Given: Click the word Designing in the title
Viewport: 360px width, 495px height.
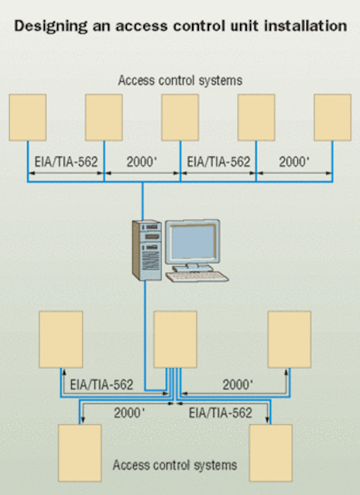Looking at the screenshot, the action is (50, 26).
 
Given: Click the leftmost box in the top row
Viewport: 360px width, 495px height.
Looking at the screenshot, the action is (28, 118).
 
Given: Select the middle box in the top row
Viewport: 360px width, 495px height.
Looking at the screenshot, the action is (180, 118).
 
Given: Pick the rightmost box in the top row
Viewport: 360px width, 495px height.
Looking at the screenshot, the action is (332, 118).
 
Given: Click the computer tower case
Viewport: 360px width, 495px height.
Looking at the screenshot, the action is (146, 251).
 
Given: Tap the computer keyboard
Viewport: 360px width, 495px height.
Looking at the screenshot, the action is (197, 277).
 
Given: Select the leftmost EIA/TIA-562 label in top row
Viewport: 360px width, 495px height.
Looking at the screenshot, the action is (66, 162).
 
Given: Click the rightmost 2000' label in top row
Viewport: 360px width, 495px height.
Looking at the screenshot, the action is (294, 162).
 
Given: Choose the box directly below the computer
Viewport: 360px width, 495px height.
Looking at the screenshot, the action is (176, 340).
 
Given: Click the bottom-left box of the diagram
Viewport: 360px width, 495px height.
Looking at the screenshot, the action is (80, 453).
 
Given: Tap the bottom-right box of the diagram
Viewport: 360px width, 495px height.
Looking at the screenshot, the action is (270, 453).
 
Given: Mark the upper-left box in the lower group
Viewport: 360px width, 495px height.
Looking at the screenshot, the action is (60, 340).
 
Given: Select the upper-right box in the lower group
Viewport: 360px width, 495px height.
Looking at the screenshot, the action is (290, 340).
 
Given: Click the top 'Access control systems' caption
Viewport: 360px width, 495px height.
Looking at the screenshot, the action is (180, 80).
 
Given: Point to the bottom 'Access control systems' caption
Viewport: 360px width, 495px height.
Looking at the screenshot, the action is (175, 465).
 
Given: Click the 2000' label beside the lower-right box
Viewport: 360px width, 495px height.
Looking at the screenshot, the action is (238, 385).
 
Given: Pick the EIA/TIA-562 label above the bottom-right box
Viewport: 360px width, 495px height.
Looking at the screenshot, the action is (221, 413).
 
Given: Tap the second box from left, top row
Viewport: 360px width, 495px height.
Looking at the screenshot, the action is (104, 118).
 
